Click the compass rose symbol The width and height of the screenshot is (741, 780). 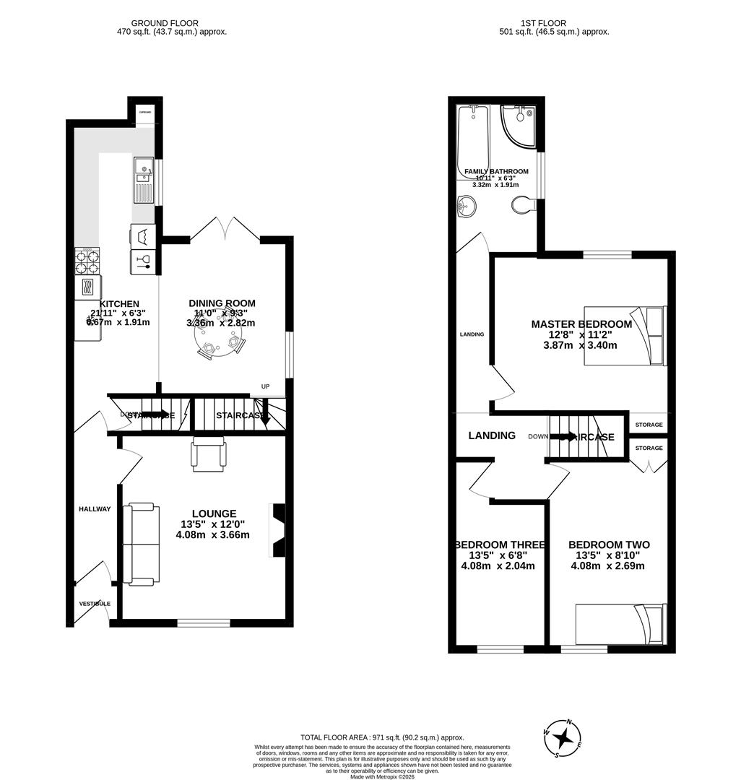(x=563, y=738)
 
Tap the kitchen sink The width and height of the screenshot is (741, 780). (x=143, y=179)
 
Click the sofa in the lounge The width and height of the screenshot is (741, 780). (x=141, y=545)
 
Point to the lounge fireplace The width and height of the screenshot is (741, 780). (x=278, y=531)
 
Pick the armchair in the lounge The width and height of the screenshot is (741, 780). (x=209, y=455)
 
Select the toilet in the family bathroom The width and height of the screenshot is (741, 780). (x=522, y=206)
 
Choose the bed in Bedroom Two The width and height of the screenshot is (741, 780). (x=620, y=623)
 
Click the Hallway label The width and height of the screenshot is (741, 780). (x=95, y=509)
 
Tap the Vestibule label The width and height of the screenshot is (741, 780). (x=94, y=603)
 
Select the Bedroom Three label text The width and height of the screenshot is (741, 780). (x=499, y=545)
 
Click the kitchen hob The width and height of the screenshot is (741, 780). (x=87, y=259)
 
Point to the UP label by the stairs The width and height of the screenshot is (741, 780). (x=265, y=387)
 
